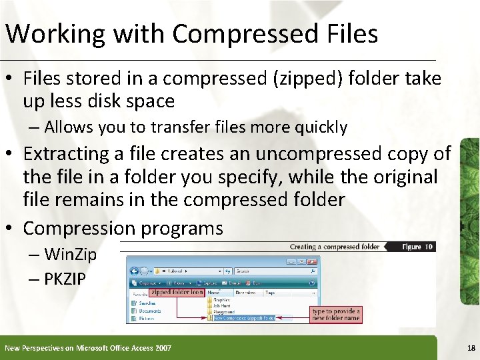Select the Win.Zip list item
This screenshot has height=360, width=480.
click(70, 254)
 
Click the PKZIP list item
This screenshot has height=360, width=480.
click(65, 279)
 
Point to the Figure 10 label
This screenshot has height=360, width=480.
click(417, 247)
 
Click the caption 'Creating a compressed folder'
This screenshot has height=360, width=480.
click(334, 247)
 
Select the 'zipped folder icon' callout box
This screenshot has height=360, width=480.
click(177, 292)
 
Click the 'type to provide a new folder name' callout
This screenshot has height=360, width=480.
click(337, 314)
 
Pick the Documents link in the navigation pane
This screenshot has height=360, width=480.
click(149, 311)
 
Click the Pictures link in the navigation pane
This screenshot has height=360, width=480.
click(147, 318)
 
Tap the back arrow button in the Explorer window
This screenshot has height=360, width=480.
click(135, 271)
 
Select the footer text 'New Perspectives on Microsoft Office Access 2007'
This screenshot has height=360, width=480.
click(87, 348)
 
